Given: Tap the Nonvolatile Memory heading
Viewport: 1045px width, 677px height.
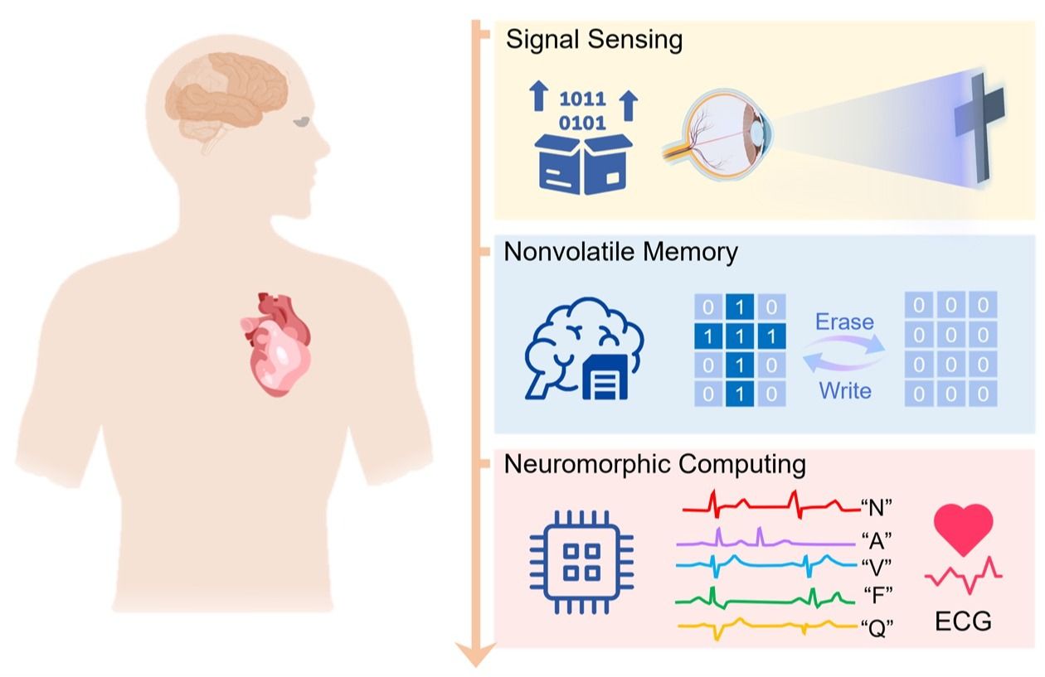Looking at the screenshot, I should tap(620, 252).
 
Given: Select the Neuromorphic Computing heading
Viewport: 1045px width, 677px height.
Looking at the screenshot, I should tap(654, 464).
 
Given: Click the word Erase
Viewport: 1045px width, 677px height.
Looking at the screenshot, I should tap(844, 321).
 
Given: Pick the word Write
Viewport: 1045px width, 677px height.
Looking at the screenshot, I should tap(845, 389).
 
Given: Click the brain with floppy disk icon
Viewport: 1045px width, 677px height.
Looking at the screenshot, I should tap(584, 349).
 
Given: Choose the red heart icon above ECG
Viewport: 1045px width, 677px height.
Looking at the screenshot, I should tap(962, 530).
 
